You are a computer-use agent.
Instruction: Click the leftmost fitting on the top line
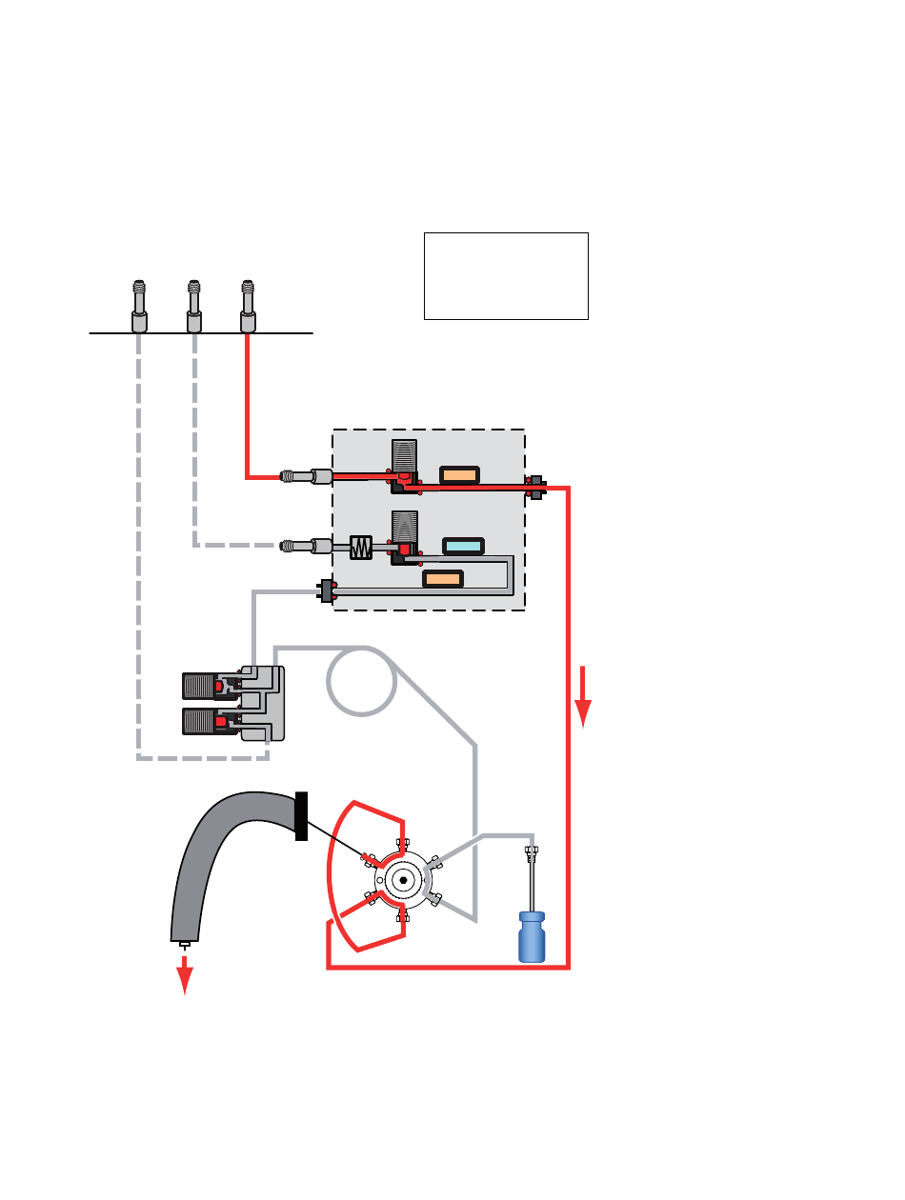pyautogui.click(x=139, y=306)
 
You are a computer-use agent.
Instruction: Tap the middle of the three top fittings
pyautogui.click(x=193, y=306)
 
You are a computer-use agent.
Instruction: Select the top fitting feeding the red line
pyautogui.click(x=248, y=306)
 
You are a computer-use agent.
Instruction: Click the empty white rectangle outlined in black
pyautogui.click(x=506, y=275)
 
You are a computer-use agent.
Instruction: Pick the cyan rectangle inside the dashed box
pyautogui.click(x=464, y=546)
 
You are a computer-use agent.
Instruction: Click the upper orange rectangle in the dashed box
pyautogui.click(x=459, y=474)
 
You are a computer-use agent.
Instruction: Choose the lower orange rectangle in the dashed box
pyautogui.click(x=442, y=578)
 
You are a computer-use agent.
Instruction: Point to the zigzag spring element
pyautogui.click(x=361, y=547)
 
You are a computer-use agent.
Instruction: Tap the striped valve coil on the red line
pyautogui.click(x=405, y=454)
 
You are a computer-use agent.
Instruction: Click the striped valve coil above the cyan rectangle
pyautogui.click(x=405, y=526)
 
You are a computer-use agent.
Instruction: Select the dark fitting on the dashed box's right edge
pyautogui.click(x=535, y=487)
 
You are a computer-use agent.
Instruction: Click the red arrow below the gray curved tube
pyautogui.click(x=185, y=974)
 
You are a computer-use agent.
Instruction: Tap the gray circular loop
pyautogui.click(x=361, y=682)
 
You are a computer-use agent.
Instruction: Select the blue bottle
pyautogui.click(x=532, y=936)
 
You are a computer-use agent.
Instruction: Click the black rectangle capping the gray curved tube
pyautogui.click(x=302, y=816)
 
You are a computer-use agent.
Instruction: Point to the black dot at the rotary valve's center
pyautogui.click(x=404, y=880)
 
